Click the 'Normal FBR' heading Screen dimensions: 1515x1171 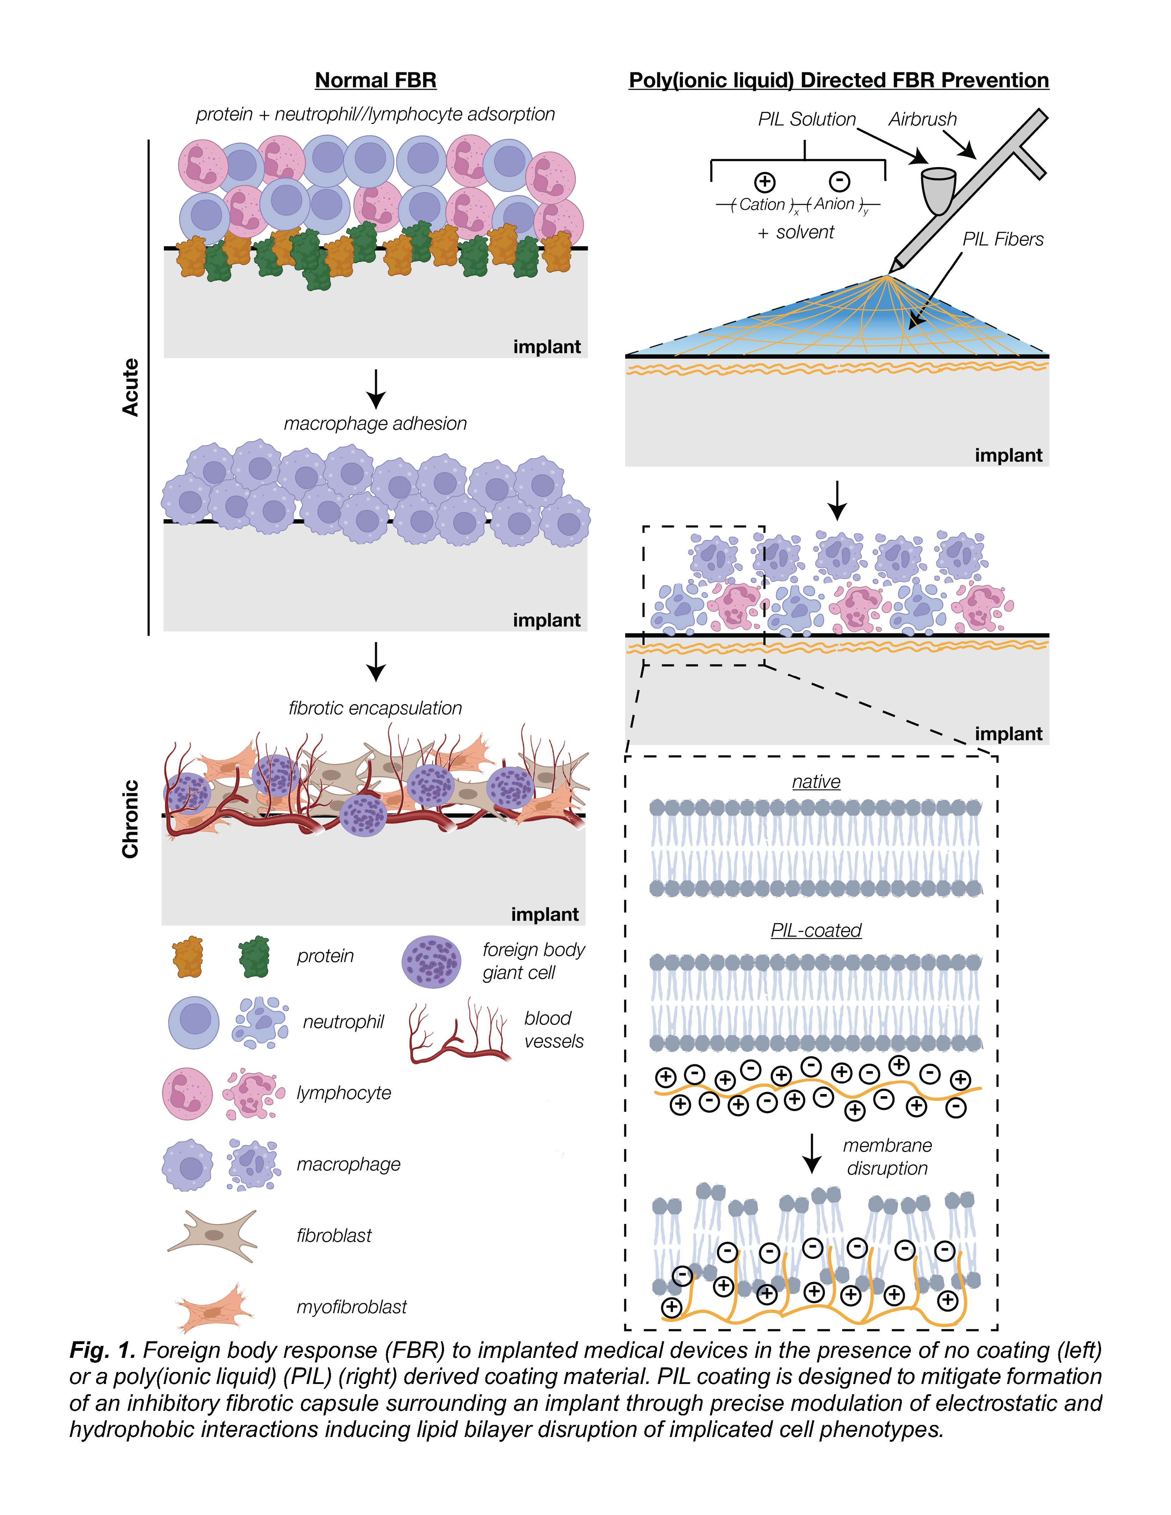(375, 81)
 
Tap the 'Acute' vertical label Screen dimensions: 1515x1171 (130, 387)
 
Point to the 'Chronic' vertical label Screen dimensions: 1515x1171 (130, 819)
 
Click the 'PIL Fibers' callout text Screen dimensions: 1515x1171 (1003, 239)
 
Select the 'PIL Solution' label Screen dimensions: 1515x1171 (806, 119)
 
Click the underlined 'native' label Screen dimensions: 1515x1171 (816, 782)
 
